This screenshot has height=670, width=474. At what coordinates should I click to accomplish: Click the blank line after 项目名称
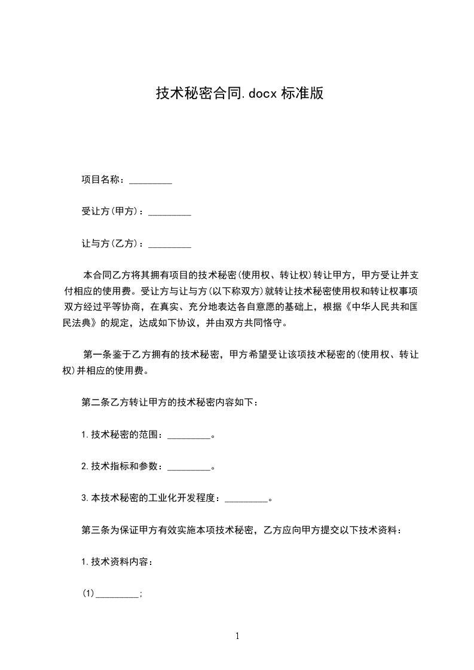click(151, 180)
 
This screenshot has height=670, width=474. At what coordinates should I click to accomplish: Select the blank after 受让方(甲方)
click(170, 212)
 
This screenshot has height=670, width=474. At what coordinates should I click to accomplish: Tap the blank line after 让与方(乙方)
click(170, 244)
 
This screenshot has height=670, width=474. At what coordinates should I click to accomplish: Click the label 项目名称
click(102, 180)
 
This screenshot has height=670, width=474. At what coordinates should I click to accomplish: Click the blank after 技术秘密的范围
click(189, 435)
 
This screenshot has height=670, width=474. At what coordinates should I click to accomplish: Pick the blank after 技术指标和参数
click(189, 467)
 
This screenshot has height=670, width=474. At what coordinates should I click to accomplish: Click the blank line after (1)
click(117, 594)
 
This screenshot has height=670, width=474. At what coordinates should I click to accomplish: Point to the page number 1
click(237, 637)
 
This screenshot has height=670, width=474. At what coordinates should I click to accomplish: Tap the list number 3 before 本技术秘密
click(84, 498)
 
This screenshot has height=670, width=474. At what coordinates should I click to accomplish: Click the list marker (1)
click(88, 594)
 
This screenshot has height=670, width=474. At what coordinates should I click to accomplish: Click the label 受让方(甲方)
click(112, 211)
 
